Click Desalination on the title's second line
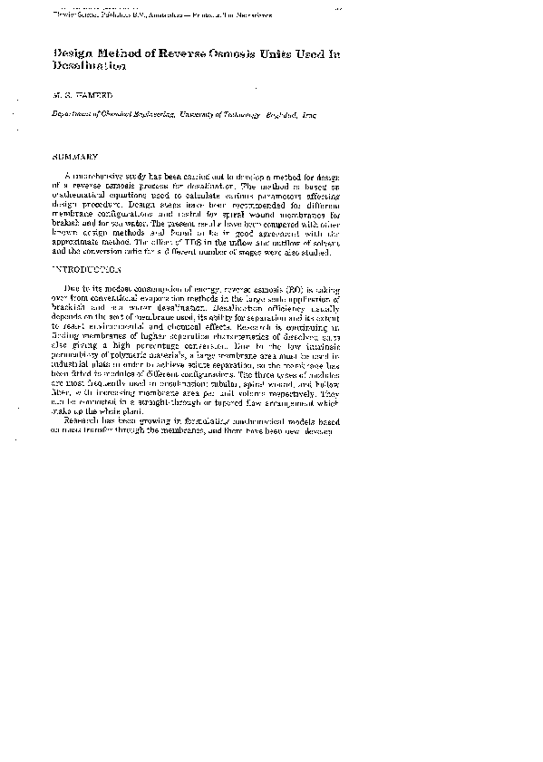[x=87, y=67]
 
